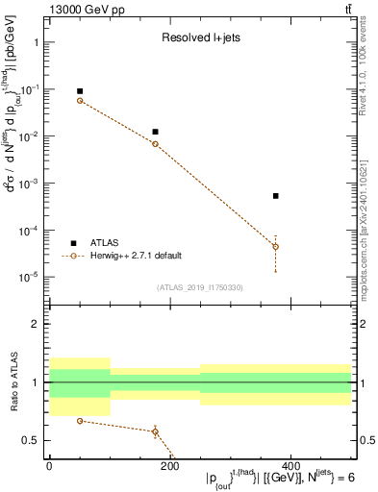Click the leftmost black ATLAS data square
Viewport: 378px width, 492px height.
click(x=80, y=91)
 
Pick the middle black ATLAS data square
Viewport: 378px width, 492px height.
click(x=155, y=132)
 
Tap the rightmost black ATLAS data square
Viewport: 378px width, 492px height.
click(x=275, y=196)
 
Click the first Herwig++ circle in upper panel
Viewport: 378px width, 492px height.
click(x=80, y=101)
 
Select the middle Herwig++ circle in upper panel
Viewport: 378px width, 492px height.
click(x=155, y=144)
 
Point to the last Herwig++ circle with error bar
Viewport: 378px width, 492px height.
click(x=275, y=247)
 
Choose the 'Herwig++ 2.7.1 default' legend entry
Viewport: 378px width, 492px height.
click(x=134, y=256)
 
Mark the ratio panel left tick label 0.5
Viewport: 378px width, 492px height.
click(x=28, y=441)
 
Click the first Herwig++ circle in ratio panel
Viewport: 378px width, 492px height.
click(x=80, y=421)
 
